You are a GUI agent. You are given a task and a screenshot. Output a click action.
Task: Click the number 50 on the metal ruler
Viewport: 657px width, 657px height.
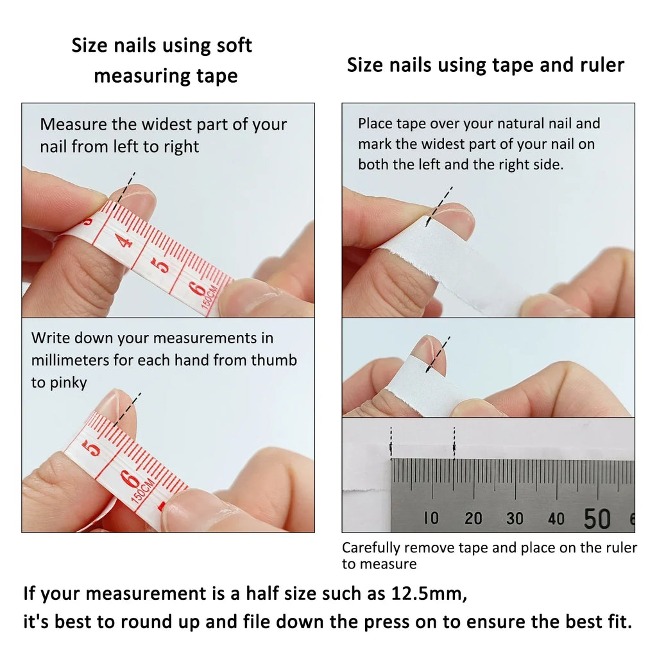pyautogui.click(x=597, y=518)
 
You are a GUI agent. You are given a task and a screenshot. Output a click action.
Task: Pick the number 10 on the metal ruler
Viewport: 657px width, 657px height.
pyautogui.click(x=431, y=518)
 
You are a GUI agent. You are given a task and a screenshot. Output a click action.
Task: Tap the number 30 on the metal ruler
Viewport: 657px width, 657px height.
pyautogui.click(x=515, y=518)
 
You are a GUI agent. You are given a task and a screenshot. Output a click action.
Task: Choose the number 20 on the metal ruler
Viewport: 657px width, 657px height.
pyautogui.click(x=473, y=518)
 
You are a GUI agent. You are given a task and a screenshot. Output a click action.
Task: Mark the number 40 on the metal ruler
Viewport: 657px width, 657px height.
pyautogui.click(x=556, y=518)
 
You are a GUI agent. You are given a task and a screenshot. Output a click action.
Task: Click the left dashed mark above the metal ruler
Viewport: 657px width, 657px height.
pyautogui.click(x=391, y=443)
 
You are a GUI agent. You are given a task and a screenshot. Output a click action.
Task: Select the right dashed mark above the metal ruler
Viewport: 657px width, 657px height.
pyautogui.click(x=454, y=443)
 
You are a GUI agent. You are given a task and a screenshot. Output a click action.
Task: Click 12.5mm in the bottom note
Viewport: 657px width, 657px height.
pyautogui.click(x=427, y=594)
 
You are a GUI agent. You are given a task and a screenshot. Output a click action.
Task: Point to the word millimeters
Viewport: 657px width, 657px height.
pyautogui.click(x=70, y=360)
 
